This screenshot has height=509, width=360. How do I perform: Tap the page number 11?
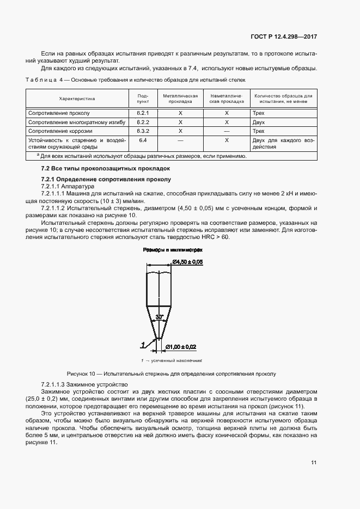coord(314,463)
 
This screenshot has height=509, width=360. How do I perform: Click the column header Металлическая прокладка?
coord(180,99)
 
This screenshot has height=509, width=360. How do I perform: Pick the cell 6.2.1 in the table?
coord(143,113)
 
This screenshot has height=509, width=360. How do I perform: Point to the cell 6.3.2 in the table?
coord(143,131)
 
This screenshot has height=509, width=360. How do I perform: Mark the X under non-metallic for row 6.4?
coord(227,140)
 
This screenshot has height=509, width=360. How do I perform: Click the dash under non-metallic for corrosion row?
coord(227,131)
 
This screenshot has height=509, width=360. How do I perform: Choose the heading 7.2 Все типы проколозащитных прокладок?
coord(106,169)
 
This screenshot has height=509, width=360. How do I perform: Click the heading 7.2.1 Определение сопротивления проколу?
coord(106,179)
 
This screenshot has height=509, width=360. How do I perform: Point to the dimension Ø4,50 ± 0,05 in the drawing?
coord(188,262)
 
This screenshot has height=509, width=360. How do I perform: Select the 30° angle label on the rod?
coord(158,316)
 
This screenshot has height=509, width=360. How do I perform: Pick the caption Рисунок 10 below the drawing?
coord(171,374)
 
